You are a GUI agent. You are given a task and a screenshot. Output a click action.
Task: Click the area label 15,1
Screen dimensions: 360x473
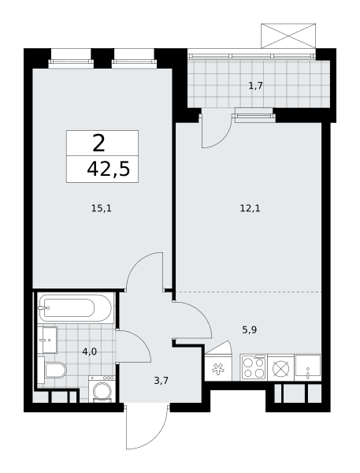pos(102,208)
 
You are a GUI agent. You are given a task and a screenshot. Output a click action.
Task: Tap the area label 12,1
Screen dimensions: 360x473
pos(250,208)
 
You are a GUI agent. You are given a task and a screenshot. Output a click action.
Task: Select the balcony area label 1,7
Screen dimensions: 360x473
pos(256,86)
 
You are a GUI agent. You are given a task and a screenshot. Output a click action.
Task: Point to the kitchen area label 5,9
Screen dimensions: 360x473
pos(250,330)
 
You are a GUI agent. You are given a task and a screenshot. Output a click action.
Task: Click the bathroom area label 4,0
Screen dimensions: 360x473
pos(90,351)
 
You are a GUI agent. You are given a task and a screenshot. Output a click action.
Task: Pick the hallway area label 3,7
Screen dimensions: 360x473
pos(161,381)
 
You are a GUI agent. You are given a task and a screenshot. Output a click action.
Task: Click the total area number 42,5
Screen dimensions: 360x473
pos(109,169)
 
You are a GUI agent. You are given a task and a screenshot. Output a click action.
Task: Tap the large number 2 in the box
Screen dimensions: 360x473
pos(99,143)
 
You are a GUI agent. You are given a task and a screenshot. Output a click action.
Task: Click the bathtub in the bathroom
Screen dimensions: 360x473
pos(75,308)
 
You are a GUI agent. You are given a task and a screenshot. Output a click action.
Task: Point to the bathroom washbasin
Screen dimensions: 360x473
pos(48,340)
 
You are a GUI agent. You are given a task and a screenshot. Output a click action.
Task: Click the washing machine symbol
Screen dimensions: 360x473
pos(102,389)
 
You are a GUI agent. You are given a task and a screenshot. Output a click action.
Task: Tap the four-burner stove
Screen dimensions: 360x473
pos(254,367)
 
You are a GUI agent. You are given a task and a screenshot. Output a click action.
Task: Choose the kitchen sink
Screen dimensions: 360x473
pos(308,367)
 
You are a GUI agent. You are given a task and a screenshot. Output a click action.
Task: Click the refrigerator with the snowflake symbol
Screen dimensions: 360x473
pos(218,367)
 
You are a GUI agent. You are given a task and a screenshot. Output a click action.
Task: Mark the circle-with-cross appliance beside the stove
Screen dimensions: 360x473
pos(280,367)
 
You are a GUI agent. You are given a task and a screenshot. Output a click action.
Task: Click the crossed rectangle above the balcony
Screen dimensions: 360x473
pos(288,35)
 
